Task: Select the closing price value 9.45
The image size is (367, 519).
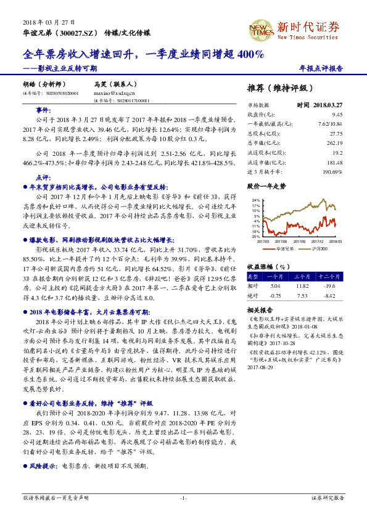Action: [337, 114]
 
